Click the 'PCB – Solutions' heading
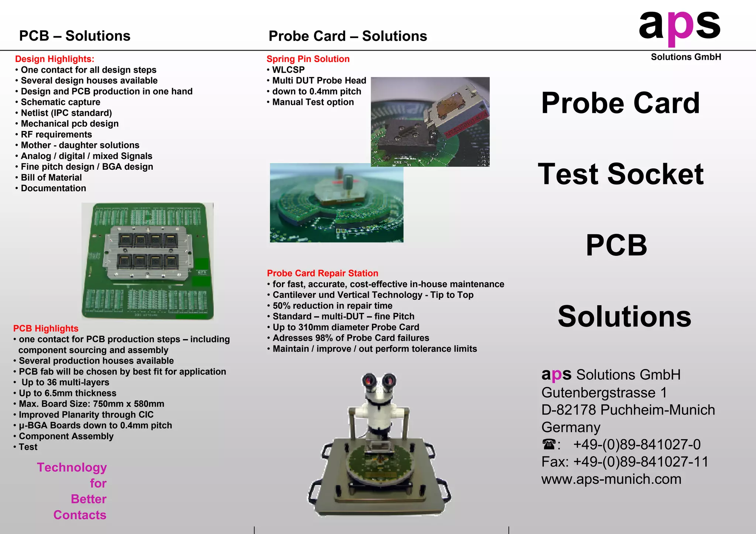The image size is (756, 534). coord(75,36)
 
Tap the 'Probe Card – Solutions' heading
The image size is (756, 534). coord(347,36)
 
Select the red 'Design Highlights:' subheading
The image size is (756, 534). coord(55,59)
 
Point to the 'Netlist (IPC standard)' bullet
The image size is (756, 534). coord(66,113)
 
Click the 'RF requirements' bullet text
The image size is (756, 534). coord(56,134)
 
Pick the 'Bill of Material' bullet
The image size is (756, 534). coord(51,178)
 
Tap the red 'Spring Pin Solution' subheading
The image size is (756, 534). coord(308,59)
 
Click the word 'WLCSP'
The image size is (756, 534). coord(288,70)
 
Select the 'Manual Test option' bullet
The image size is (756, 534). coord(313,102)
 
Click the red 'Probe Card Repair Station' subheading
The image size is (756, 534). coord(322,273)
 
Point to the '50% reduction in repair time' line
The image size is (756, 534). coord(332,306)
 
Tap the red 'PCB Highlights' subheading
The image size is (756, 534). coord(46,328)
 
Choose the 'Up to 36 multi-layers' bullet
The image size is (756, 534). coord(65,382)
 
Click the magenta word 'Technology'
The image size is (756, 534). coord(72,468)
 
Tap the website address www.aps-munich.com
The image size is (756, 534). coord(611,479)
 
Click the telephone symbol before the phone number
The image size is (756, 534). coord(549,445)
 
